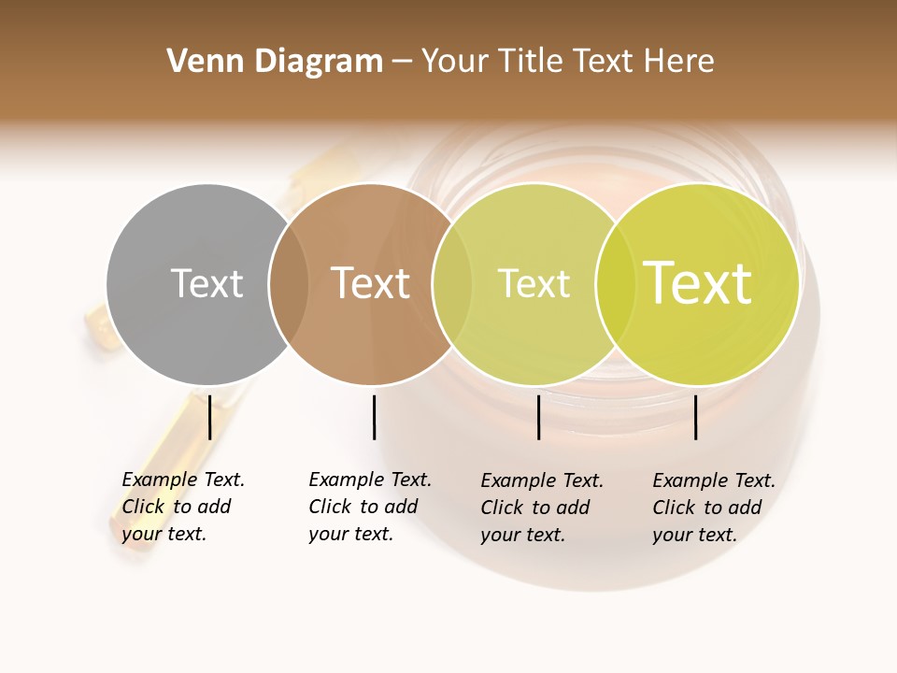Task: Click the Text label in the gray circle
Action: coord(206,283)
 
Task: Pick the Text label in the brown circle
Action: coord(371,283)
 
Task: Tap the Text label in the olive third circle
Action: coord(534,283)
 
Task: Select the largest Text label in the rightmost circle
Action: coord(698,283)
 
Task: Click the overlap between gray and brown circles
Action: coord(289,283)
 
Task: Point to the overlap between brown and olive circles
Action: coord(452,283)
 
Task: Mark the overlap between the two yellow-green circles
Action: coord(615,283)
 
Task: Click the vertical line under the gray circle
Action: coord(209,417)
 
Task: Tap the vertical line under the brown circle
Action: coord(374,417)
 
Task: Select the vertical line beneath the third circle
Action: coord(539,417)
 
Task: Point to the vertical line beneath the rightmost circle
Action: coord(696,417)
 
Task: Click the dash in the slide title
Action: coord(402,63)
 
